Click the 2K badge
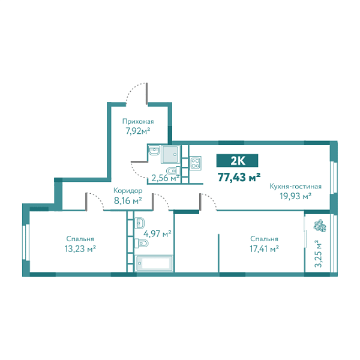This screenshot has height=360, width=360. (237, 160)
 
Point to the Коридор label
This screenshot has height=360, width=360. (128, 191)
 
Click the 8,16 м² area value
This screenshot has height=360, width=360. (128, 200)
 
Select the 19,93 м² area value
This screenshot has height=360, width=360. (292, 196)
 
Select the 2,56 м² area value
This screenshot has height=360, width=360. (165, 178)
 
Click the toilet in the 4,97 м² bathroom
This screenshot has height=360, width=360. (142, 243)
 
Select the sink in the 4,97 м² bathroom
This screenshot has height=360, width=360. (140, 221)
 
